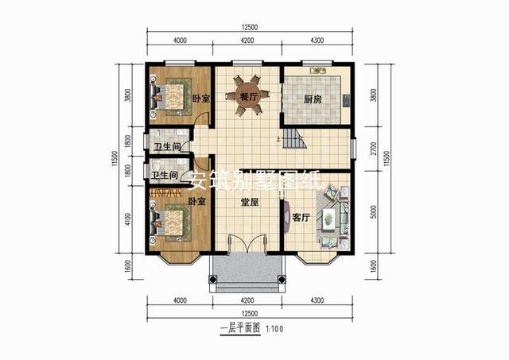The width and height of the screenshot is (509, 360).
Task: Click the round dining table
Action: tap(247, 96)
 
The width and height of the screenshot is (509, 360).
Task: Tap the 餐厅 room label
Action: tap(248, 97)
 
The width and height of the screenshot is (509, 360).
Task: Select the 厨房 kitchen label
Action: tap(313, 100)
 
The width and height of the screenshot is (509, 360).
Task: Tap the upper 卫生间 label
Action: tap(166, 147)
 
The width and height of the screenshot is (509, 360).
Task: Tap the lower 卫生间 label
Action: tap(164, 176)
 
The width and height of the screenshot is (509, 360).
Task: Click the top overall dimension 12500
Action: tap(248, 28)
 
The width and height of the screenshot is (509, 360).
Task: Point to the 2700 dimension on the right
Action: tap(374, 148)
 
